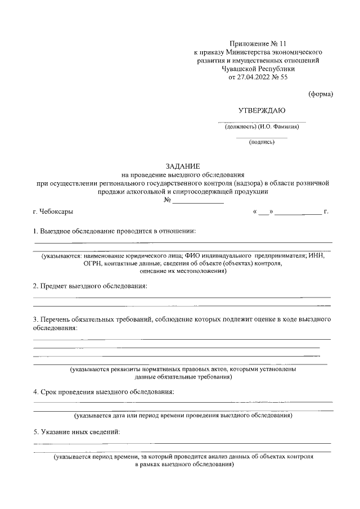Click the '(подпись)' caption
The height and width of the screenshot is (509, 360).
(262, 142)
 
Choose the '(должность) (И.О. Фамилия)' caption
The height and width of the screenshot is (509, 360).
(262, 126)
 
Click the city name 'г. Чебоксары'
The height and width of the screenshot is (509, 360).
(52, 212)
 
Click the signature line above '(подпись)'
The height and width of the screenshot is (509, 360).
(262, 137)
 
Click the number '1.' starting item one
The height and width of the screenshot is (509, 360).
(35, 231)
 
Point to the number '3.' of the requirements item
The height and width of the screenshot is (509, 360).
(35, 319)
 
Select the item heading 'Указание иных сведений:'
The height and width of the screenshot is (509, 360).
(80, 432)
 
